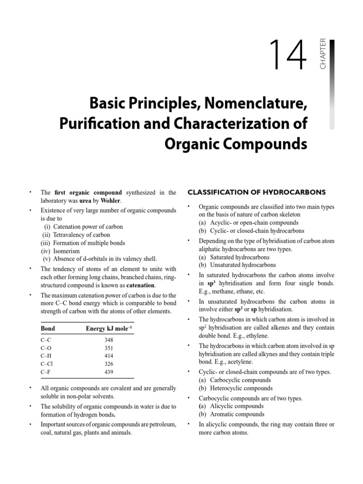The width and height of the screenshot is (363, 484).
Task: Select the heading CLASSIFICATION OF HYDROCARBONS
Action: point(257,192)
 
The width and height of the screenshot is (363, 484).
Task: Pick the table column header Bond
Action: point(48,328)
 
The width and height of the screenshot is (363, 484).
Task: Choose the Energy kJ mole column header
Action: point(107,328)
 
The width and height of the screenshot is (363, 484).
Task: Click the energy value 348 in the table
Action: point(108,340)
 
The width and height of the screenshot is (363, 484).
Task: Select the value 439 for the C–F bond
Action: point(108,372)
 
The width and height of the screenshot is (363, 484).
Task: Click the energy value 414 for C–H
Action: point(108,356)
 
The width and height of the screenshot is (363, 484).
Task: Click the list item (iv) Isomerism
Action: point(60,251)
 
